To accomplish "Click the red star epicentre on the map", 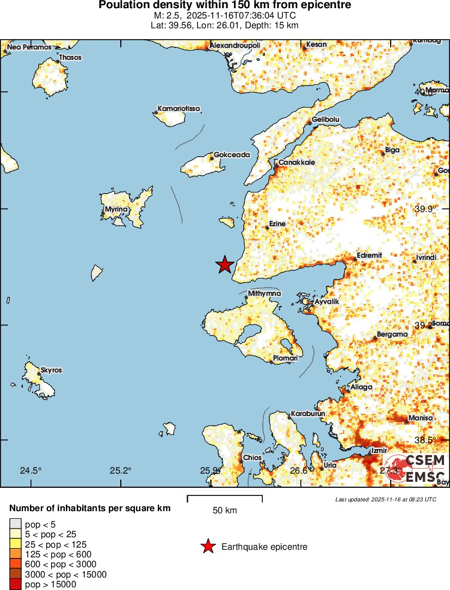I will pyautogui.click(x=225, y=265).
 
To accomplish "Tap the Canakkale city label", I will pyautogui.click(x=297, y=162).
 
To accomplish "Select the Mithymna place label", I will pyautogui.click(x=264, y=294).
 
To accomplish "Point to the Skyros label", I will pyautogui.click(x=51, y=370).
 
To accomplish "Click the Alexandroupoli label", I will pyautogui.click(x=235, y=45).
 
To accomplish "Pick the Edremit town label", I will pyautogui.click(x=369, y=256).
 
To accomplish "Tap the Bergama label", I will pyautogui.click(x=392, y=334).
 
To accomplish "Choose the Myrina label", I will pyautogui.click(x=117, y=209).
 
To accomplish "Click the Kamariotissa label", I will pyautogui.click(x=179, y=109).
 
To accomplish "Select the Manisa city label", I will pyautogui.click(x=420, y=418).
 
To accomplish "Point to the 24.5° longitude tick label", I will pyautogui.click(x=30, y=470).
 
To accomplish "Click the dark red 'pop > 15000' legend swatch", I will pyautogui.click(x=15, y=585).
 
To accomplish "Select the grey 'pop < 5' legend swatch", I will pyautogui.click(x=15, y=524).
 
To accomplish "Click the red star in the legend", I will pyautogui.click(x=208, y=546).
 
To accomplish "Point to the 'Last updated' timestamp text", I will pyautogui.click(x=385, y=499).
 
